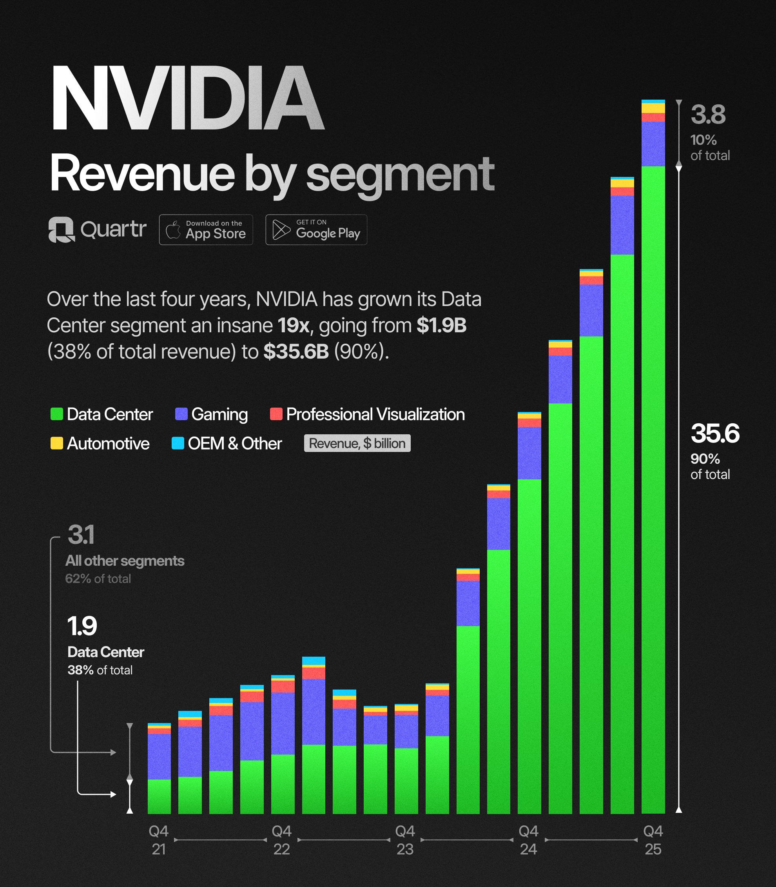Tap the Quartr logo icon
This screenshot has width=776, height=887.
(61, 229)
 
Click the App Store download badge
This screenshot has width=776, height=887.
(206, 230)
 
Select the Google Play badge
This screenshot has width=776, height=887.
(316, 230)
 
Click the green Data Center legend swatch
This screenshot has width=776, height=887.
(57, 414)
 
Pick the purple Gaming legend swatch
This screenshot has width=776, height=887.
(181, 414)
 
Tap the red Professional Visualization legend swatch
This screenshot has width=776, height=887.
(276, 414)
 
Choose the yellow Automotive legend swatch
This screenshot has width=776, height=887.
(57, 443)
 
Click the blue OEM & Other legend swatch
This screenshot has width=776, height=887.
(178, 443)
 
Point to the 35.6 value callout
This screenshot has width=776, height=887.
(714, 433)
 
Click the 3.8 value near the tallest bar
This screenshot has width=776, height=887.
(707, 115)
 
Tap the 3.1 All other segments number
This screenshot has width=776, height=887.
(81, 535)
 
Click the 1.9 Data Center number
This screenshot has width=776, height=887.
(82, 626)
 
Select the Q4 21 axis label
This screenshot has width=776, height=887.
(158, 840)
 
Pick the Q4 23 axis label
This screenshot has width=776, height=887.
(405, 840)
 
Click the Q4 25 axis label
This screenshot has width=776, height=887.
(653, 840)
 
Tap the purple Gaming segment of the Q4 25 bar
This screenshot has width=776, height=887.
(653, 144)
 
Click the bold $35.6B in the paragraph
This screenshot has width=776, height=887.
(296, 352)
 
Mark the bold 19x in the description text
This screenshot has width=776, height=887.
(293, 326)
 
